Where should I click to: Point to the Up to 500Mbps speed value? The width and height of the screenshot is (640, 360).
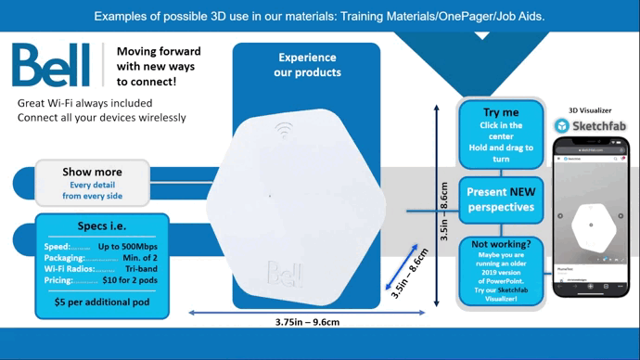[x=130, y=247]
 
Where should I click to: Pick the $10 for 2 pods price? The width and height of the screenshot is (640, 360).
[x=132, y=279]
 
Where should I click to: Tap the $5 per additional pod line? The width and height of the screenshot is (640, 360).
[x=102, y=302]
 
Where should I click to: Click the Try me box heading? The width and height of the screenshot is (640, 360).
[x=501, y=111]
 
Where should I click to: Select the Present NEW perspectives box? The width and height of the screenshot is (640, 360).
[x=501, y=199]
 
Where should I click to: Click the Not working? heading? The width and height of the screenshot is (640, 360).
[x=500, y=245]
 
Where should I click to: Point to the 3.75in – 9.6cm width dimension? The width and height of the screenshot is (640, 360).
[x=307, y=322]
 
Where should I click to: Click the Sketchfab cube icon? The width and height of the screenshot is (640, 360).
[x=562, y=125]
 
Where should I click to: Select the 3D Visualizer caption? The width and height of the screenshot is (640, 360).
[x=590, y=110]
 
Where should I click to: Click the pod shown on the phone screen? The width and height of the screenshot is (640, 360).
[x=590, y=225]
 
